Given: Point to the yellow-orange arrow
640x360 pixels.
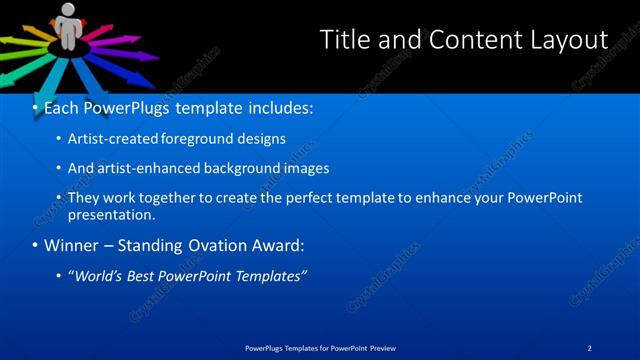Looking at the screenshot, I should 21,39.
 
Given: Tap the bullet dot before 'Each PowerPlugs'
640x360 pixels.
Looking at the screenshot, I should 35,107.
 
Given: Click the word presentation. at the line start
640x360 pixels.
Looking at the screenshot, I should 112,214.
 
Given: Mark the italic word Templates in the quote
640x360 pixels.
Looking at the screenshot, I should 270,275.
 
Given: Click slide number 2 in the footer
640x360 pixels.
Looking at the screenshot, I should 590,347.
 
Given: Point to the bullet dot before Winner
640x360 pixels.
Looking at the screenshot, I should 35,245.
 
